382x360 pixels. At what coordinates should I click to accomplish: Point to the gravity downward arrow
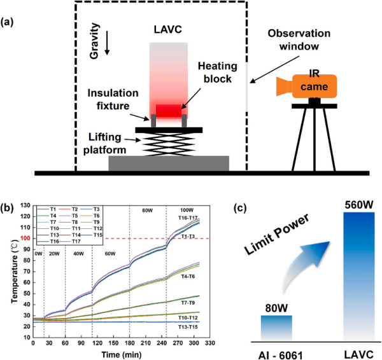point(106,43)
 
